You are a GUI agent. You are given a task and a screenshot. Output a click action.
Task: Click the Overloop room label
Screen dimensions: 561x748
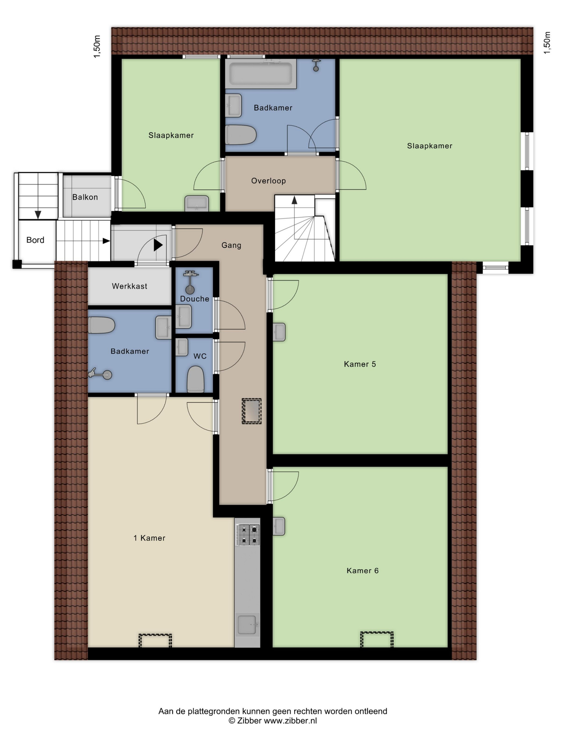pos(268,181)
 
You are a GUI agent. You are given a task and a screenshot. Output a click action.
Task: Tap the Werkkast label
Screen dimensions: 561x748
pos(130,286)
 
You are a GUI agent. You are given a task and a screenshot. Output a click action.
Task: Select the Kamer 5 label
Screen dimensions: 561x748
pos(360,364)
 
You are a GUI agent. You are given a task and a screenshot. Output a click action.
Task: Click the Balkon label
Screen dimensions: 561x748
pos(85,197)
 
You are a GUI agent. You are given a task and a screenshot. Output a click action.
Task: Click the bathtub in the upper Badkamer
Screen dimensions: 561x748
pos(261,74)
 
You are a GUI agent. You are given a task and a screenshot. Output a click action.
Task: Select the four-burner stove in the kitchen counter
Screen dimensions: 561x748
pos(248,535)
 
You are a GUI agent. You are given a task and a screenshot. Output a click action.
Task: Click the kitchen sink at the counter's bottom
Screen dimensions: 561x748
pos(248,625)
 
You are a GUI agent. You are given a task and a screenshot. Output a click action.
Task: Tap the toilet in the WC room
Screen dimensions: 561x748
pos(196,379)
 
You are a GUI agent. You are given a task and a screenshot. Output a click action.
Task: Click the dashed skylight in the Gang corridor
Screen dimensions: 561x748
pos(252,411)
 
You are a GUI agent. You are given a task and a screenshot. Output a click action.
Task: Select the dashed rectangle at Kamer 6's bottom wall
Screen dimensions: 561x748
pos(377,639)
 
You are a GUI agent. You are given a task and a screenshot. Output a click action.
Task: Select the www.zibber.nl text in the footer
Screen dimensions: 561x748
pos(290,720)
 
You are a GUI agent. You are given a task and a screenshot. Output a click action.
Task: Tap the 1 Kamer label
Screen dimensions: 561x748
pos(149,538)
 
